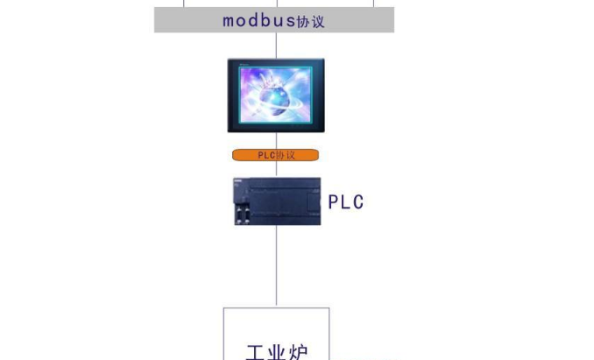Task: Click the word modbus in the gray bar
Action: coord(258,20)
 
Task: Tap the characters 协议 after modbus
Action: coord(310,22)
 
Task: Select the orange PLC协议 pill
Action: coord(275,155)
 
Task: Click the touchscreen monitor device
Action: coord(276,95)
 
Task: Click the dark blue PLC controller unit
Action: coord(277,201)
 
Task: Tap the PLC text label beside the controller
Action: coord(345,202)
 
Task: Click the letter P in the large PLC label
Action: coord(333,202)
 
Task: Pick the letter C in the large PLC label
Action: coord(358,202)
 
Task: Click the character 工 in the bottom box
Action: coord(256,352)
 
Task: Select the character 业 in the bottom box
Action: coord(277,352)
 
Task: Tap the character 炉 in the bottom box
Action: coord(298,352)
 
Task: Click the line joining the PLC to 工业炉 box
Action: coord(277,266)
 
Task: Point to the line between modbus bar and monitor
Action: coord(276,46)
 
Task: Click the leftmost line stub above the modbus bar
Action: coord(184,4)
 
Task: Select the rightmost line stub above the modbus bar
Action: coord(374,4)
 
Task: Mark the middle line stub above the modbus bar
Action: coord(278,4)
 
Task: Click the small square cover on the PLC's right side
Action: coord(314,202)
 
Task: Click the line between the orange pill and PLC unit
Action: coord(277,169)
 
